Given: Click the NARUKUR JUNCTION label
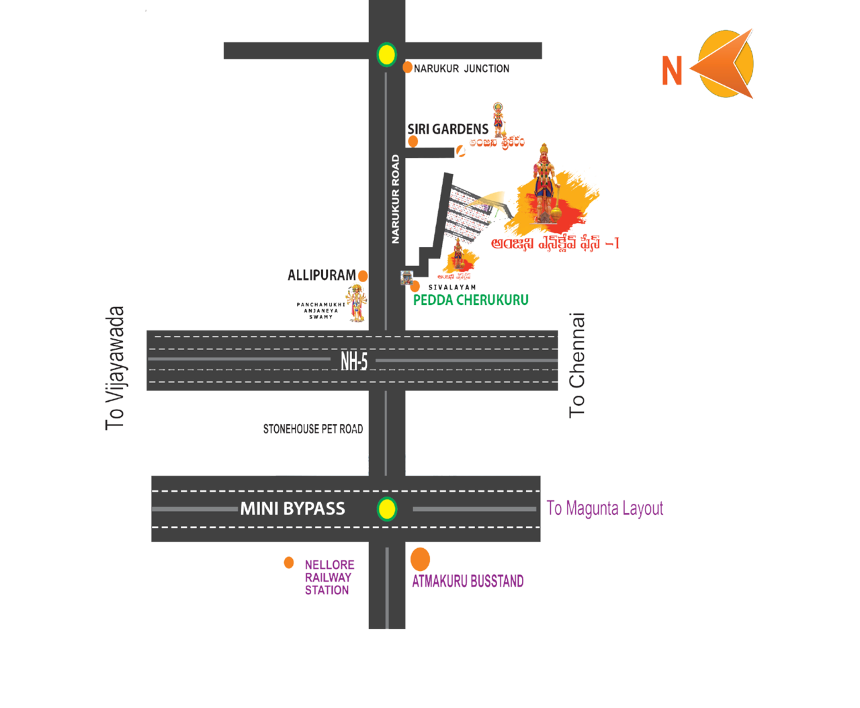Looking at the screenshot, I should (x=462, y=69).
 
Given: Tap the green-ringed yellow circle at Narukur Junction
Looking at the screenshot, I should (x=386, y=54).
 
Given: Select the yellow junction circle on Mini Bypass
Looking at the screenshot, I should (x=386, y=508).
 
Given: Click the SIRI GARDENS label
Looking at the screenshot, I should (x=447, y=129).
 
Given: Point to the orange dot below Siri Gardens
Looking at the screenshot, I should (x=413, y=142).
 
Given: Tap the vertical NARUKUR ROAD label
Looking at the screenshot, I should (x=396, y=200).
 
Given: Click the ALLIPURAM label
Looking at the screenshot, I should (x=321, y=275).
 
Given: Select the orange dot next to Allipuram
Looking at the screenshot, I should (x=363, y=275).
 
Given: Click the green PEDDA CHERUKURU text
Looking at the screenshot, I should (x=470, y=300).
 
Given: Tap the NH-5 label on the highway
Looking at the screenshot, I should (x=354, y=361).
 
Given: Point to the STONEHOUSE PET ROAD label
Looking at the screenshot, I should (x=313, y=429).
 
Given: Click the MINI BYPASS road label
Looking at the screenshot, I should (x=293, y=508).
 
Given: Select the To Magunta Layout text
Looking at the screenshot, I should (x=605, y=508).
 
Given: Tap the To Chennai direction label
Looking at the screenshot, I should (x=578, y=365).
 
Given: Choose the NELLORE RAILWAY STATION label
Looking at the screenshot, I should (x=329, y=578).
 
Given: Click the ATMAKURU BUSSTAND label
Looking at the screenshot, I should (x=468, y=581).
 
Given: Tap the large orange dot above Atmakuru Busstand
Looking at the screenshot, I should (x=420, y=558).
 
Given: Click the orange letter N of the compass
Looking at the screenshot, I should (x=672, y=71).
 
